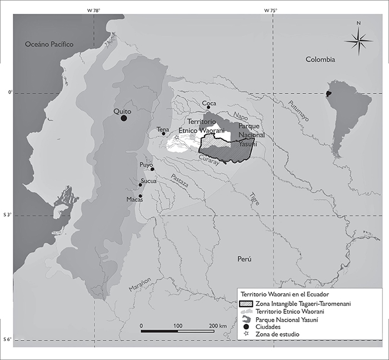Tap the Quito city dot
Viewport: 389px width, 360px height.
123,117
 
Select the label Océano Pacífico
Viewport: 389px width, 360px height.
49,45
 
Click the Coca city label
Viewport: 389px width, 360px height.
209,103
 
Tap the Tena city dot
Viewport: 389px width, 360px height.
163,134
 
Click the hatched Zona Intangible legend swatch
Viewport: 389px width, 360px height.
245,303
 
